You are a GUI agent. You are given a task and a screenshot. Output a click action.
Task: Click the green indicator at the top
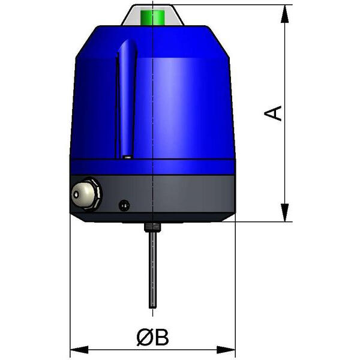[x=152, y=17]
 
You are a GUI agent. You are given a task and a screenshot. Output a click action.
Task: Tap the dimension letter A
[x=273, y=113]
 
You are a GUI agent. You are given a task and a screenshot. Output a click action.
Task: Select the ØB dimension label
[x=152, y=337]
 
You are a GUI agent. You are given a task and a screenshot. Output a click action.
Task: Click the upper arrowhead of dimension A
[x=284, y=14]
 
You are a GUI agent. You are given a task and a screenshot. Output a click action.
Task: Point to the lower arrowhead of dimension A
[x=284, y=212]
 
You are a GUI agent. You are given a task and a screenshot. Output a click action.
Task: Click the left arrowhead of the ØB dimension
[x=79, y=350]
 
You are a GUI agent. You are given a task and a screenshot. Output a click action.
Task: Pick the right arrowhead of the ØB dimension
[x=226, y=350]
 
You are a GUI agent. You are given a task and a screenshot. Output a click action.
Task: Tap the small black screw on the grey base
[x=124, y=205]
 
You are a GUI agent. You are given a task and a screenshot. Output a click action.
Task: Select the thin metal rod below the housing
[x=152, y=271]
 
